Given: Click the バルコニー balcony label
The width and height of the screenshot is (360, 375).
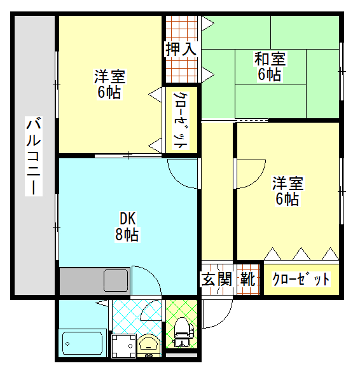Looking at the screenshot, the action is [34, 156].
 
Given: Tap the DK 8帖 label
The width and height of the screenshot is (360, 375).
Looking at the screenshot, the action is [127, 226].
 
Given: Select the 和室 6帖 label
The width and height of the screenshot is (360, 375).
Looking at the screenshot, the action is [270, 66].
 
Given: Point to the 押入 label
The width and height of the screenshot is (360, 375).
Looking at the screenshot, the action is [181, 49].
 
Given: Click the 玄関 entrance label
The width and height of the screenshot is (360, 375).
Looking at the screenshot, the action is [217, 279].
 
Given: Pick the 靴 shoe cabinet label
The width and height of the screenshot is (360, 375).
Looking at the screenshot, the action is [248, 279].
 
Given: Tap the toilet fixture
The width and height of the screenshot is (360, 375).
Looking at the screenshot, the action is [183, 332].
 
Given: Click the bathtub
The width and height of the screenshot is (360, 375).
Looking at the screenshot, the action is [82, 343].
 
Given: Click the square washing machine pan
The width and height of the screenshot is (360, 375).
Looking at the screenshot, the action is [124, 346].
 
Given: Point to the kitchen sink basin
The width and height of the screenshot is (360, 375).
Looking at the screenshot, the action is [116, 280].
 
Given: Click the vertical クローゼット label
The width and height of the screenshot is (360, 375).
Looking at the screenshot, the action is [181, 120].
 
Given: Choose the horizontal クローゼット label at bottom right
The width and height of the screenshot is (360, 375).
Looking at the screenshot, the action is [301, 279].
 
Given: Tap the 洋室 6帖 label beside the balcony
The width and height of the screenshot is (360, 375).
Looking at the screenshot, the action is [109, 84].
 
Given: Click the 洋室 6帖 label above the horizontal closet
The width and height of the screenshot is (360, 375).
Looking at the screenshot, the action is [287, 191].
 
